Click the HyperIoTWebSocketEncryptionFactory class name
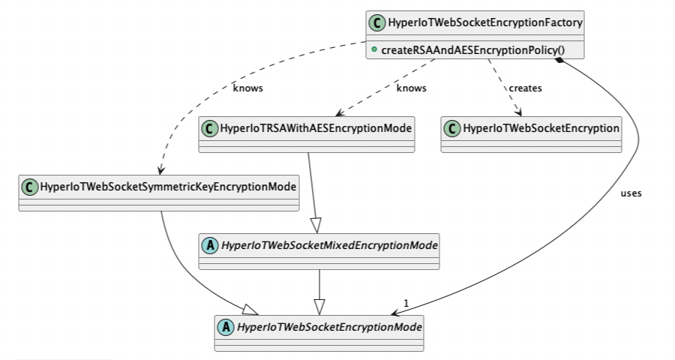point(486,23)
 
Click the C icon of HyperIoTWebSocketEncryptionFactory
point(377,23)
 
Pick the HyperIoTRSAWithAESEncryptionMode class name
point(316,128)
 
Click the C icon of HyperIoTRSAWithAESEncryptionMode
point(209,128)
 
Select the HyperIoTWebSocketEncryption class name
point(541,128)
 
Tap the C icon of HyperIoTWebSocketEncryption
point(452,128)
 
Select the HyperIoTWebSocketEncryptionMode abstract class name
point(329,327)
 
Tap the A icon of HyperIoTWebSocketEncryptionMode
point(226,327)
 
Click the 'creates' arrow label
point(525,88)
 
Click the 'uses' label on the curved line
point(631,193)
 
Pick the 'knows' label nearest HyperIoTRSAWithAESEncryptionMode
point(411,88)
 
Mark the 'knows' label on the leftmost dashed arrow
point(248,88)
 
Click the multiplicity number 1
point(406,303)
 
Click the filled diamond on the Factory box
point(560,62)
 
